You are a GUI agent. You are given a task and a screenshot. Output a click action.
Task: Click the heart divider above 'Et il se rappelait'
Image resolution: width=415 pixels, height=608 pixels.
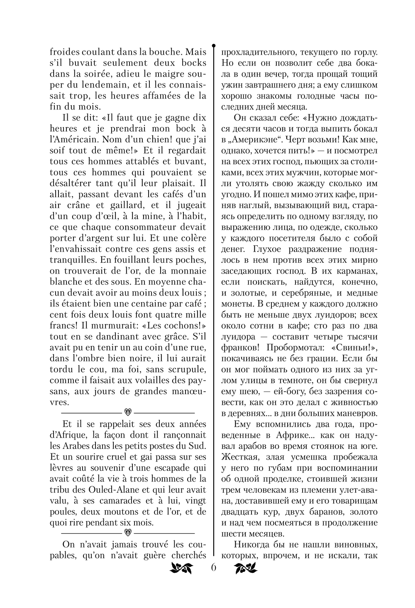click(x=128, y=413)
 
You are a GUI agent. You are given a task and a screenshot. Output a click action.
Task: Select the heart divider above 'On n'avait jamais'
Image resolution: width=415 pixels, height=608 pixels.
click(x=128, y=531)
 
